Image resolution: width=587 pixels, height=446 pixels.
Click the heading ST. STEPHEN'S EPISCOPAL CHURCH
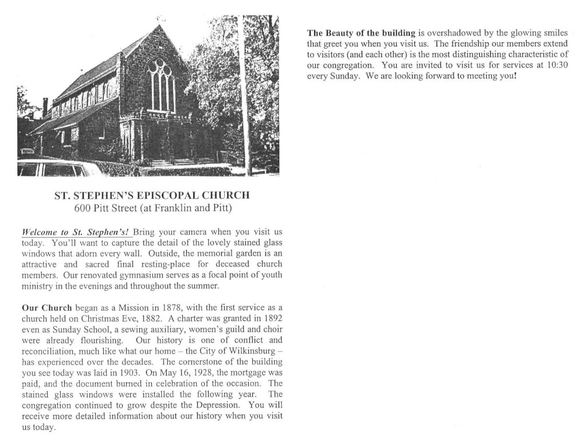point(152,195)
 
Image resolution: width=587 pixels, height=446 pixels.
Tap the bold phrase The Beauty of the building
point(361,33)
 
